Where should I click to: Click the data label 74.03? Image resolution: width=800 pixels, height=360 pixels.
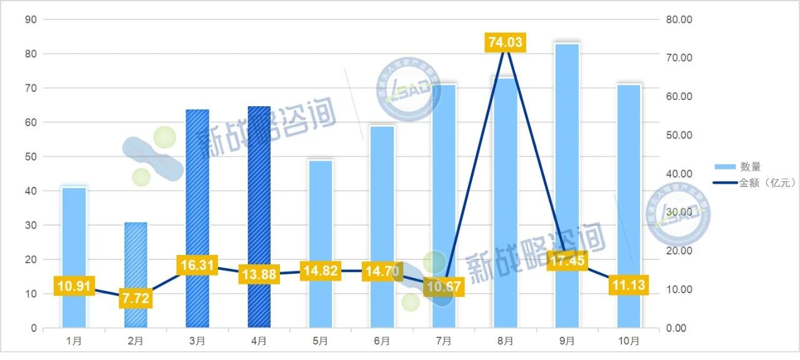coord(504,42)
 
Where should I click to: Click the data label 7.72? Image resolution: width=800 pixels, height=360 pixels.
coord(136,299)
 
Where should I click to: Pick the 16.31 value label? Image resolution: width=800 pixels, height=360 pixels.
coord(197,266)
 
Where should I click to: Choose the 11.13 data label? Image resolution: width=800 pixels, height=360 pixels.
coord(628,286)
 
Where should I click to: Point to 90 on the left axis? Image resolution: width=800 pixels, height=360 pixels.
coord(30,20)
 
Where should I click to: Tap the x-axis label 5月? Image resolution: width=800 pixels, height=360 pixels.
coord(320,341)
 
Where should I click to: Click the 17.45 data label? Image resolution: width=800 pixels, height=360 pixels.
coord(566,261)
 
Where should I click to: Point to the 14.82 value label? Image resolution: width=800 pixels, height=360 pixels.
coord(320,271)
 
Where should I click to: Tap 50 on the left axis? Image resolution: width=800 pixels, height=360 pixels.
coord(30,157)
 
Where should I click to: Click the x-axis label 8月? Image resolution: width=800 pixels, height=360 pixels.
coord(505,341)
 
